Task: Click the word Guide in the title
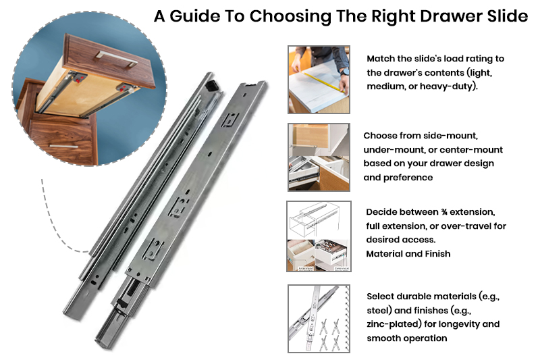click(195, 16)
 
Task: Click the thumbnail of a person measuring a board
click(319, 80)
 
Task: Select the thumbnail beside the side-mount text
click(319, 157)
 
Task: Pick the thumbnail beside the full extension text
click(319, 236)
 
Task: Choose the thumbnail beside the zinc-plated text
click(319, 319)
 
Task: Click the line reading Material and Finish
click(408, 254)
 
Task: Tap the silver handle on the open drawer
click(116, 59)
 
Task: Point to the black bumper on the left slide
click(212, 85)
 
